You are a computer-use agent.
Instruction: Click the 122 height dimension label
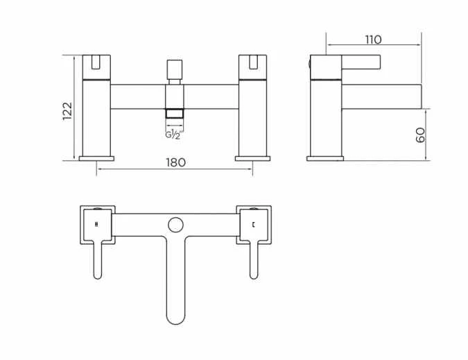(67, 110)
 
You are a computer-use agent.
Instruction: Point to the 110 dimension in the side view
(372, 40)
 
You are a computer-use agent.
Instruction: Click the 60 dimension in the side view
(420, 135)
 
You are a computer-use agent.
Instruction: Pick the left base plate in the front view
(96, 159)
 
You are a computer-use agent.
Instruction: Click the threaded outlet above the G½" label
(175, 115)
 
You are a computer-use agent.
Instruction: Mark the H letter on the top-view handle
(96, 224)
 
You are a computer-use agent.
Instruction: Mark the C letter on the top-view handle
(254, 224)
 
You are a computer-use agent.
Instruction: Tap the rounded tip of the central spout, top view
(175, 316)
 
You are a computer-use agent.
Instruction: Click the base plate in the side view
(325, 159)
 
